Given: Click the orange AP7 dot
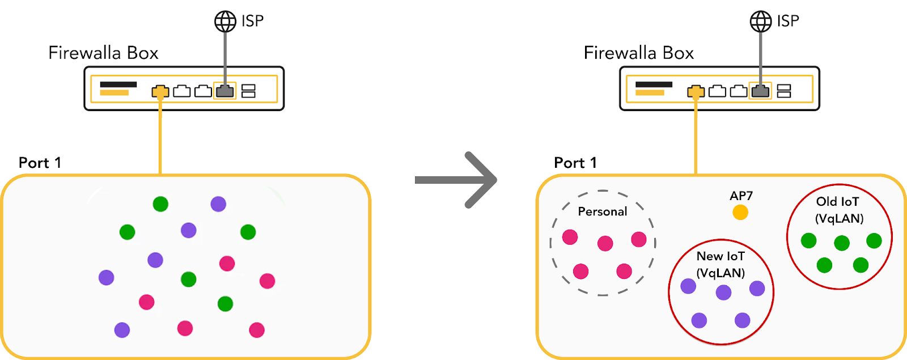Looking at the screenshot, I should click(740, 212).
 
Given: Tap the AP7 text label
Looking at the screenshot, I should click(741, 196).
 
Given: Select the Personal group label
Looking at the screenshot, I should click(602, 211).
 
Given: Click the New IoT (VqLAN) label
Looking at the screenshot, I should click(720, 264).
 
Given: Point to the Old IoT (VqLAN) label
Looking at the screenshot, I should click(838, 210).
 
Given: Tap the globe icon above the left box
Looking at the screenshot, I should click(225, 22).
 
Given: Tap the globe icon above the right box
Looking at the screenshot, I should click(761, 22).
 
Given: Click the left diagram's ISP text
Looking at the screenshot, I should click(252, 21).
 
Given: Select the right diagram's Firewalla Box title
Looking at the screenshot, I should click(639, 53).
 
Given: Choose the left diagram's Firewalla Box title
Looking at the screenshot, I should click(103, 53).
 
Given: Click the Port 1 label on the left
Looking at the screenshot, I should click(40, 163).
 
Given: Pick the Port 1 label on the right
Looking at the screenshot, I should click(575, 163).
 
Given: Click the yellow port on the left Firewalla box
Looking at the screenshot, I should click(160, 91).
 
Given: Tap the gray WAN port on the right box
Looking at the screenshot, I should click(760, 91).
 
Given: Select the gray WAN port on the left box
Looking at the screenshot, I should click(225, 91).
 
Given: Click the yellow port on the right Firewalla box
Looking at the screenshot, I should click(696, 91).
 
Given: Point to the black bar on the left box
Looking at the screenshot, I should click(118, 84).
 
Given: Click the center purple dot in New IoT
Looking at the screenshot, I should click(723, 293).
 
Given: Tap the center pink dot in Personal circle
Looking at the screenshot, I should click(605, 244).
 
